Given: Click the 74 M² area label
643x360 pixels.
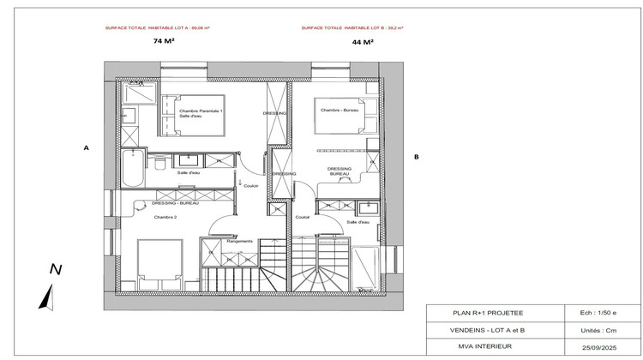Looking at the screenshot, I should [161, 41].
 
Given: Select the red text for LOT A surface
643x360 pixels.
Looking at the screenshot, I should [157, 27].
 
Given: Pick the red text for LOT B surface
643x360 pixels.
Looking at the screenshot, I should [352, 27].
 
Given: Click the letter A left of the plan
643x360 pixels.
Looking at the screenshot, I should [86, 148].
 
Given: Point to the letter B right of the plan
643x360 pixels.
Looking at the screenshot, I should [416, 157].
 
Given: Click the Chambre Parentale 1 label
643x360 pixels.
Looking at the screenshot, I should [201, 112].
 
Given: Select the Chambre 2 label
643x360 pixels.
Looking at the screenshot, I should [165, 218].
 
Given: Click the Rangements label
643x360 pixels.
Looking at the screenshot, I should [240, 241].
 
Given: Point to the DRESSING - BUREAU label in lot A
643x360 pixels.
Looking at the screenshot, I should [175, 203].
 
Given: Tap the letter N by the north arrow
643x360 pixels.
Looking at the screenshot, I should [56, 269].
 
